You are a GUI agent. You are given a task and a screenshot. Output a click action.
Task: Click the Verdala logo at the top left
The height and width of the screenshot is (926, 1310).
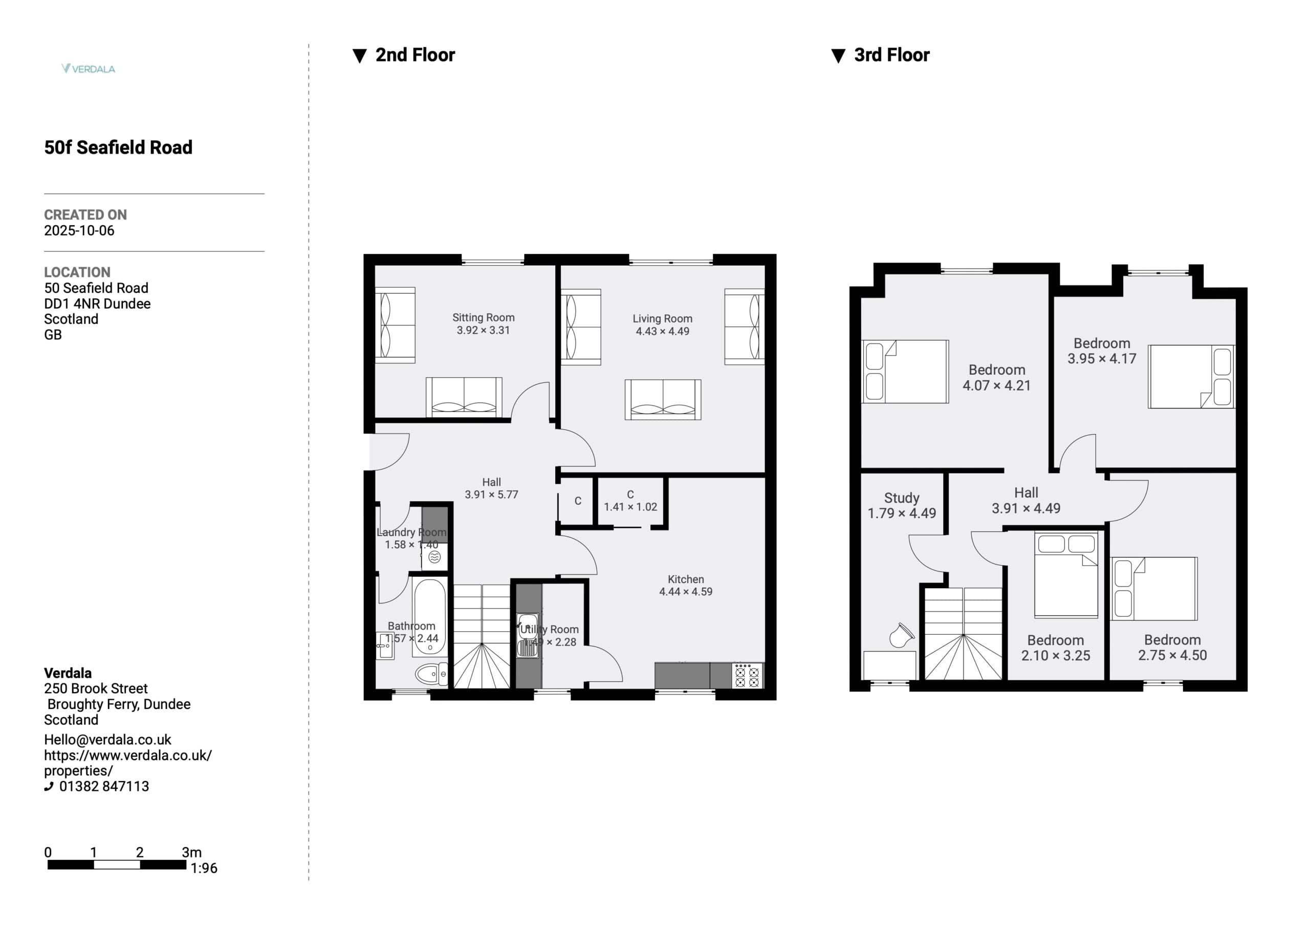[89, 69]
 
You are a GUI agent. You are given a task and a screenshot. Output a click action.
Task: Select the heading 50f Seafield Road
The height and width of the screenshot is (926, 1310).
[118, 147]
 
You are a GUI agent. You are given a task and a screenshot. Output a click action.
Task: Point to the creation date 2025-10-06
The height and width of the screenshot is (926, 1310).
[79, 231]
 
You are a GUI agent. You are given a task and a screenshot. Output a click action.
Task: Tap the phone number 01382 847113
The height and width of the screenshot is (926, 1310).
[104, 786]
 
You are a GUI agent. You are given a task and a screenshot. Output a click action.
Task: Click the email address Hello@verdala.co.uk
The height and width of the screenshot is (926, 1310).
[108, 740]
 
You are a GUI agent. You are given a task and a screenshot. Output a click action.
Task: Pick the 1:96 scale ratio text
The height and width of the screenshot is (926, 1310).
[204, 868]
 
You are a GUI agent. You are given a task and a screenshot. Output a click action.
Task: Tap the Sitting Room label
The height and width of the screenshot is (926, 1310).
[483, 317]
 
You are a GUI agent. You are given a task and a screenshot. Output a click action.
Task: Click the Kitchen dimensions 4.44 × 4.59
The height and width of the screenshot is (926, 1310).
[686, 591]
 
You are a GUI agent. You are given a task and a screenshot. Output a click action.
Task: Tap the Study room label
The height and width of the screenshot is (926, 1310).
[902, 499]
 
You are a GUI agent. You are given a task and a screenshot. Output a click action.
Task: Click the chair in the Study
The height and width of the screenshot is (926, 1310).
[902, 635]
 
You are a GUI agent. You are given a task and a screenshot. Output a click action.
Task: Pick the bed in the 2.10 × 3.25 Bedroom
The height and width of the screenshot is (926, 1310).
[1066, 575]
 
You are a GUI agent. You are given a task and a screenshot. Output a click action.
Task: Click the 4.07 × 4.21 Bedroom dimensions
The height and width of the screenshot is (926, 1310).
[997, 386]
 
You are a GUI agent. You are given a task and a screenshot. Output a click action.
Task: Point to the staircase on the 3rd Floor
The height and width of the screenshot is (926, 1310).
[963, 634]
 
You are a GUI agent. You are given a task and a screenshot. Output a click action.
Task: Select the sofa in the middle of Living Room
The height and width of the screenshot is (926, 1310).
[663, 400]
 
